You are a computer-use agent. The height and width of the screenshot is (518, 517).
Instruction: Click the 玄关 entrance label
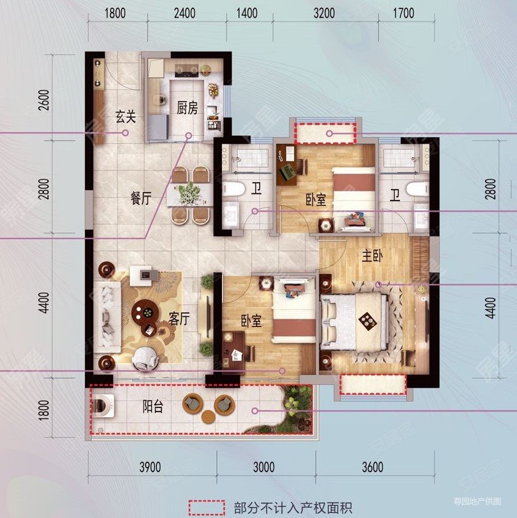(x=125, y=116)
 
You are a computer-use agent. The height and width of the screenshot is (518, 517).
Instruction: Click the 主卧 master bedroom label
(x=371, y=257)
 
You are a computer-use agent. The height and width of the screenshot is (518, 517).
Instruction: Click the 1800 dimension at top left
(x=114, y=13)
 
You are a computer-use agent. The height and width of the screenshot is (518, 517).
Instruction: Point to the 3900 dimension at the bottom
(x=150, y=468)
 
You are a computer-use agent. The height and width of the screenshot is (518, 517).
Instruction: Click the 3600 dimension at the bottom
(x=372, y=468)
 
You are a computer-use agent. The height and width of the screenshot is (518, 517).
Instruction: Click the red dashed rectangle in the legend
(x=205, y=507)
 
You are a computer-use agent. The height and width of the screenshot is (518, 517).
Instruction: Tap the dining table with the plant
(x=189, y=194)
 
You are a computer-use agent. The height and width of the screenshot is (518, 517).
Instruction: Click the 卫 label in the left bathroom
(x=256, y=189)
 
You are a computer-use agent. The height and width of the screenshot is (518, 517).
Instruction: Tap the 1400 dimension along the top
(x=246, y=13)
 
